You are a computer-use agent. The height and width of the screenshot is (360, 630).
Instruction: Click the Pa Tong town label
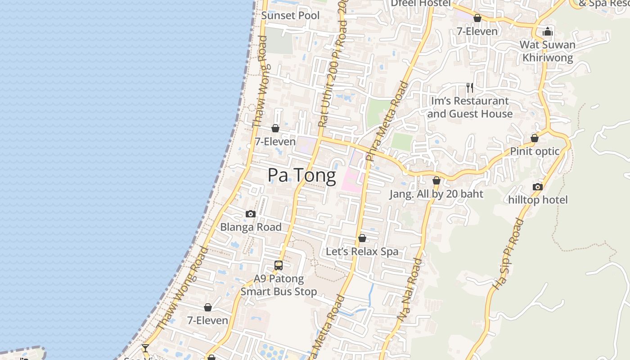pos(301,175)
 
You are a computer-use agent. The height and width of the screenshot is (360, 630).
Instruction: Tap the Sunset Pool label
pos(290,15)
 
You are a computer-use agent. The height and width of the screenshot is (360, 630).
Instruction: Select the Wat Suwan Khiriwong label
pos(548,51)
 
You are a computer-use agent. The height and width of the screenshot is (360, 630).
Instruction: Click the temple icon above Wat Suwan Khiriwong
pos(548,31)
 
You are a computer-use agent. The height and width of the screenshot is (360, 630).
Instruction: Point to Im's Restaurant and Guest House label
pos(470,107)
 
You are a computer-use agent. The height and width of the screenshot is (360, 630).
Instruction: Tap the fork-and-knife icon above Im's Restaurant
pos(470,87)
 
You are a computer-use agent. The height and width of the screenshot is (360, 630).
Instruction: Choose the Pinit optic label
pos(535,151)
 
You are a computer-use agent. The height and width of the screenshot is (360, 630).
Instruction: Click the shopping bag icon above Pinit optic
pos(535,138)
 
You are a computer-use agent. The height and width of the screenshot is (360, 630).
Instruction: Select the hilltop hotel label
pos(538,199)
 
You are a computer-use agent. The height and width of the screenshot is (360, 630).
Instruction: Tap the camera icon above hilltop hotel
pos(537,187)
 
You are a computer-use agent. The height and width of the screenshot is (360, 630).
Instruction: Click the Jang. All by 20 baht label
pos(436,194)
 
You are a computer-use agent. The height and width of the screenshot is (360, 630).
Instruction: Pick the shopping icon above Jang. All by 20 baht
pos(436,181)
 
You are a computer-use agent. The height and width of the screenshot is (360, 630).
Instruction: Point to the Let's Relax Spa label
pos(362,251)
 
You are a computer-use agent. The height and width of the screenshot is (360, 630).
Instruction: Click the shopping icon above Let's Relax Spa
pos(362,238)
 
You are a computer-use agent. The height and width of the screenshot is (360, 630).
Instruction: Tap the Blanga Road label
pos(251,227)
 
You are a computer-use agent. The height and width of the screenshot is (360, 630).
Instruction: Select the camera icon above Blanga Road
pos(251,214)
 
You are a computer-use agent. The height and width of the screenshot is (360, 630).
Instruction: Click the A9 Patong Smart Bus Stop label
pos(279,285)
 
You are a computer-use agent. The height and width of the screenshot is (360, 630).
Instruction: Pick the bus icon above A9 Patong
pos(279,265)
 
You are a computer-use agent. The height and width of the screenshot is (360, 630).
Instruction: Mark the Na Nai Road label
pos(410,290)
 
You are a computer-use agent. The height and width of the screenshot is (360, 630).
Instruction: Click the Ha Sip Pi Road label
pos(509,254)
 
